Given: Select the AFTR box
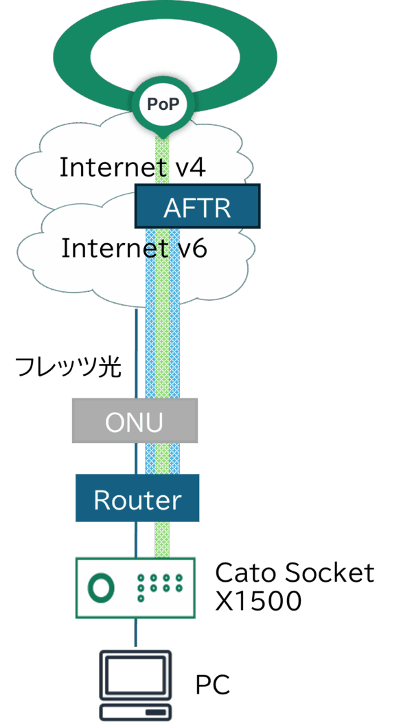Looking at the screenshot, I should [197, 206].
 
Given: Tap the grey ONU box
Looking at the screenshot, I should [135, 421].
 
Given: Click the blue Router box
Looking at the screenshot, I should [137, 499].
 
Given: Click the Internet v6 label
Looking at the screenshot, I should [134, 248].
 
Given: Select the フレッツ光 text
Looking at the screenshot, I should [68, 367].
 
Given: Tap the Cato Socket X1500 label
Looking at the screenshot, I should [293, 586].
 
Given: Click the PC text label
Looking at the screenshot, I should [213, 684].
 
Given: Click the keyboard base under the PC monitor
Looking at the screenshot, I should [135, 712].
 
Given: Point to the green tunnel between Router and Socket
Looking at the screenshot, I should [162, 538].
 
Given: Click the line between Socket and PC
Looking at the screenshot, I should [135, 633].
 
